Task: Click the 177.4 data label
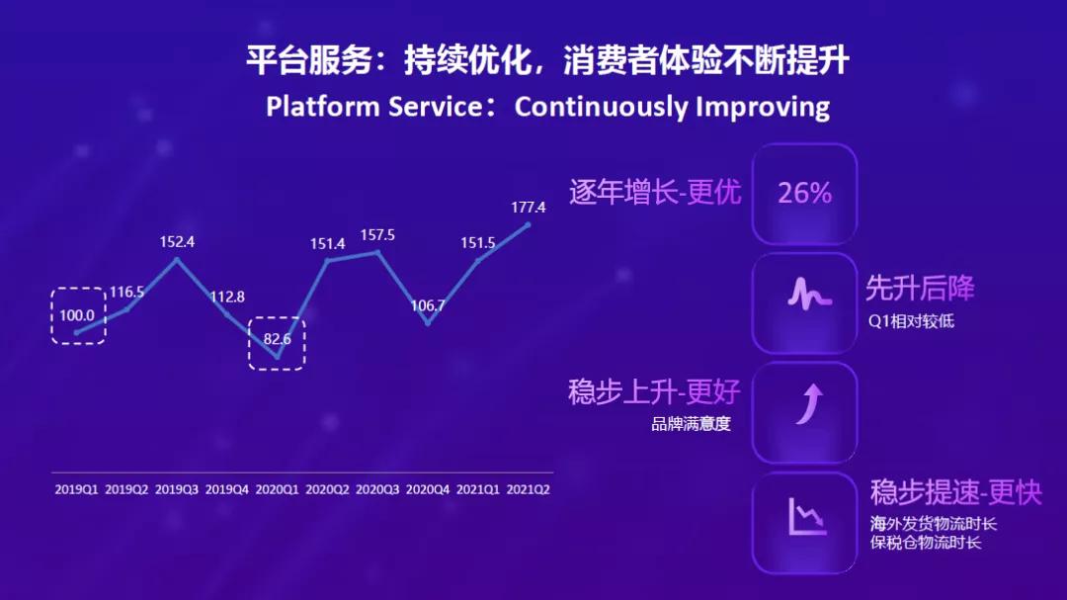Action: (529, 208)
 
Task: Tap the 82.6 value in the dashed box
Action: (277, 339)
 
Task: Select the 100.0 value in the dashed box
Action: (78, 315)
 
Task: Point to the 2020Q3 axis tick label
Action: (377, 489)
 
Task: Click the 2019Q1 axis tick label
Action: (77, 489)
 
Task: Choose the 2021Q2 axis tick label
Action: (528, 489)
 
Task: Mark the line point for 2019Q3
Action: (177, 260)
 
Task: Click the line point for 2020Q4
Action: (428, 323)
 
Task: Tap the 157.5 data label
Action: (377, 235)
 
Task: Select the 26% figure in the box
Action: (804, 194)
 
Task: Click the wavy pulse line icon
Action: (804, 295)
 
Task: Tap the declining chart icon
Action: (806, 515)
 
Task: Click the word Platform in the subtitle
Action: (317, 107)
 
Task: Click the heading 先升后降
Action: (920, 289)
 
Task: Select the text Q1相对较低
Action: (911, 321)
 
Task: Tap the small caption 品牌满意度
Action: (691, 426)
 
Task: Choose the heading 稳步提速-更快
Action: (955, 492)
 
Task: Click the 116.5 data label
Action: (126, 292)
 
